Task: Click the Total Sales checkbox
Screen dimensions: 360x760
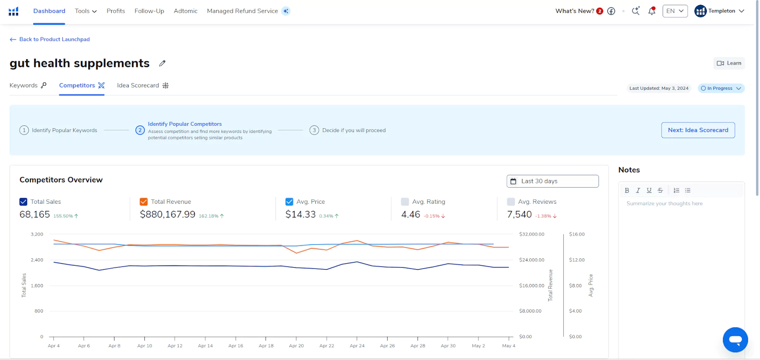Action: (23, 202)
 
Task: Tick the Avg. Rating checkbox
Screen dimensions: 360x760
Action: (405, 202)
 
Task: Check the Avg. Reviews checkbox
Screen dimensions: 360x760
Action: (511, 202)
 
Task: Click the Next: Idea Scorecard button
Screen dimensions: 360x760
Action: (698, 130)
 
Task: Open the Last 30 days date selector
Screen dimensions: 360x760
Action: (552, 181)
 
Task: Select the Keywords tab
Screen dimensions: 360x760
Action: (28, 85)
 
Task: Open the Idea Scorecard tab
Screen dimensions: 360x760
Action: (142, 85)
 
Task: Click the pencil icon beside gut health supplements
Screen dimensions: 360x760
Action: (162, 63)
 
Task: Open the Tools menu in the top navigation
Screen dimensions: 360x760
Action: (85, 11)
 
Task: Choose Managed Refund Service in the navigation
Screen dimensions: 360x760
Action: (242, 11)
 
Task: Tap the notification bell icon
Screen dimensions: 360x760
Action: (652, 11)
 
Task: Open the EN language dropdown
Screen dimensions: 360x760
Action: (675, 11)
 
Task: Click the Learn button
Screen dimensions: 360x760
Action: (729, 63)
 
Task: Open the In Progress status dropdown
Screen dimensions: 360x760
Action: (721, 88)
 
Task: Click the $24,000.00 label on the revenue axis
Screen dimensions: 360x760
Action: (532, 260)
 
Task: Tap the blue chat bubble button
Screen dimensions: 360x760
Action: (735, 340)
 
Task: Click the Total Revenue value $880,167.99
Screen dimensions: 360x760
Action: (168, 215)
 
